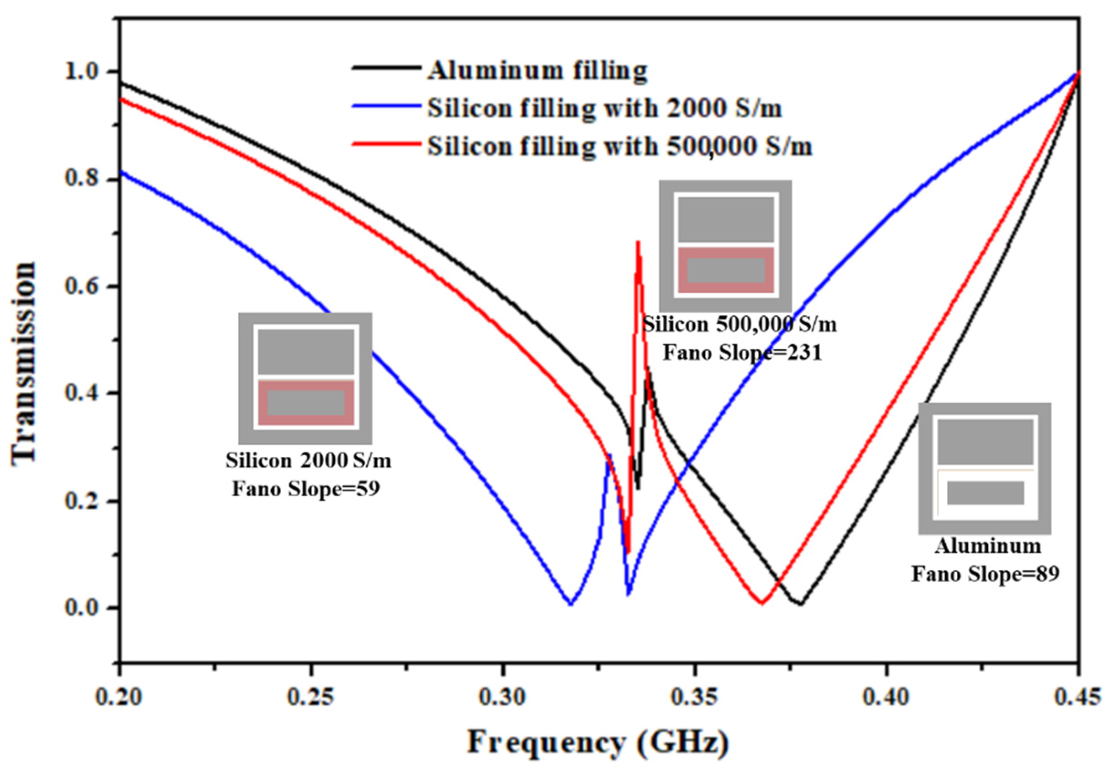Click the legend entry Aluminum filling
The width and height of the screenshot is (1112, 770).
click(x=537, y=71)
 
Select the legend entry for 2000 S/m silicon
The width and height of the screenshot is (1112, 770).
click(x=604, y=109)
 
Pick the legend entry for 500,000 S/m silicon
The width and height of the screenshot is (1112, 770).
click(x=619, y=146)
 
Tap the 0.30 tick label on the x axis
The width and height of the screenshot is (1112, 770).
click(x=503, y=698)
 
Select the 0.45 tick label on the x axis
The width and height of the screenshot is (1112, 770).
click(x=1078, y=698)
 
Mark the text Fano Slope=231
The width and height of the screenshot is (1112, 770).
click(x=742, y=353)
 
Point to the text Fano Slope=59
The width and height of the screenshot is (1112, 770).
click(x=306, y=489)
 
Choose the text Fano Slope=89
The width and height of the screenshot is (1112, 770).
click(x=985, y=574)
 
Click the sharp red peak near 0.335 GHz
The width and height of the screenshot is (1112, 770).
click(x=638, y=243)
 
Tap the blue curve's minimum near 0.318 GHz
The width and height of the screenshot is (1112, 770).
click(x=571, y=604)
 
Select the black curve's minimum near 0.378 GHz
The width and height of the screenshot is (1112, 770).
click(x=800, y=604)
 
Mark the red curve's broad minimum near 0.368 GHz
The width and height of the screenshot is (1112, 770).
click(x=761, y=602)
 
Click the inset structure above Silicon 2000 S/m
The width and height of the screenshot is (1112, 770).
click(x=305, y=378)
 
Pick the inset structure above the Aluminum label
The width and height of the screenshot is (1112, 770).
click(x=985, y=468)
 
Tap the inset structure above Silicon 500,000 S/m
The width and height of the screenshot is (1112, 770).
click(x=726, y=246)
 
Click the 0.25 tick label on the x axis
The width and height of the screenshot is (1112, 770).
click(x=311, y=698)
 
